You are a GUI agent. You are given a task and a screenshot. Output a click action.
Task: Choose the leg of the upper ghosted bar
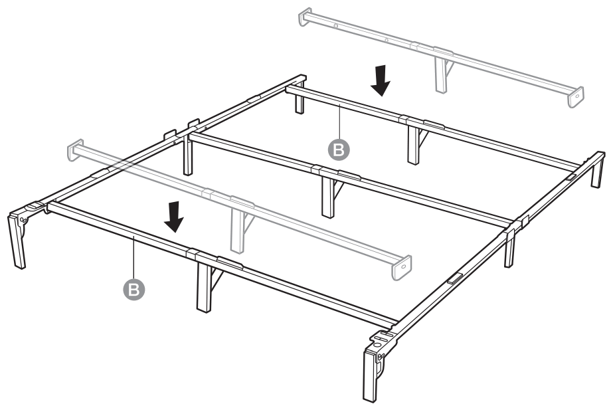point(441,73)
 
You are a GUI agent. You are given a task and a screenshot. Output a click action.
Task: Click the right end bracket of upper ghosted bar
point(575,96)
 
